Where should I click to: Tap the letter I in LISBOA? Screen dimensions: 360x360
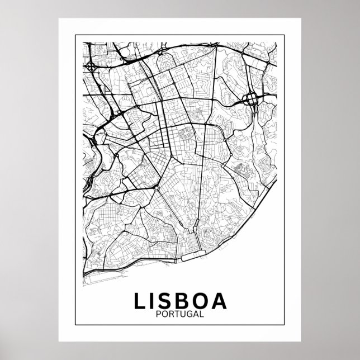152,301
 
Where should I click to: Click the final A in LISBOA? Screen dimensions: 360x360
220,301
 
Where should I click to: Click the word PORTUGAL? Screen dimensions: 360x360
180,315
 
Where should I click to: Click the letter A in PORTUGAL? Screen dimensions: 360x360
193,315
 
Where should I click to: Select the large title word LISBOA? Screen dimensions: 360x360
180,301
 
